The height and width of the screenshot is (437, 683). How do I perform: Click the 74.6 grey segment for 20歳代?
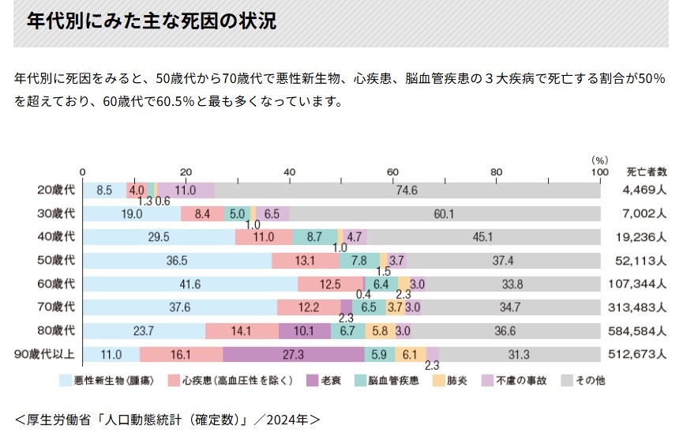coord(407,190)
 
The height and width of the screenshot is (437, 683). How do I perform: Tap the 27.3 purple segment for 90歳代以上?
coord(293,355)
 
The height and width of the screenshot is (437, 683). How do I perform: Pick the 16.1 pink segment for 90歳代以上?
coord(181,355)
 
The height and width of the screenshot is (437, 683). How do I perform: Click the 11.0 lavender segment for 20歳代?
coord(186,190)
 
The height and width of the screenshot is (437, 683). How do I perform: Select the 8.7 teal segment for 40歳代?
coord(314,237)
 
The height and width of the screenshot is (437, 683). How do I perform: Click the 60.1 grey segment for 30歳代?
coord(444,214)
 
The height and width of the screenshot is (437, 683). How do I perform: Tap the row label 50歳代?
coord(56,261)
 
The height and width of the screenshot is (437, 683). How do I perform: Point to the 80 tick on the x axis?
coord(496,171)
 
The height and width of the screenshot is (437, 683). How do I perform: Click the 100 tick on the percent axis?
coord(599,171)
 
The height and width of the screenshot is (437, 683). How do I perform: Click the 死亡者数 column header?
coord(647,171)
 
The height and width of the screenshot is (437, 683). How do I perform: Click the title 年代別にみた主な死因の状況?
coord(152,21)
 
